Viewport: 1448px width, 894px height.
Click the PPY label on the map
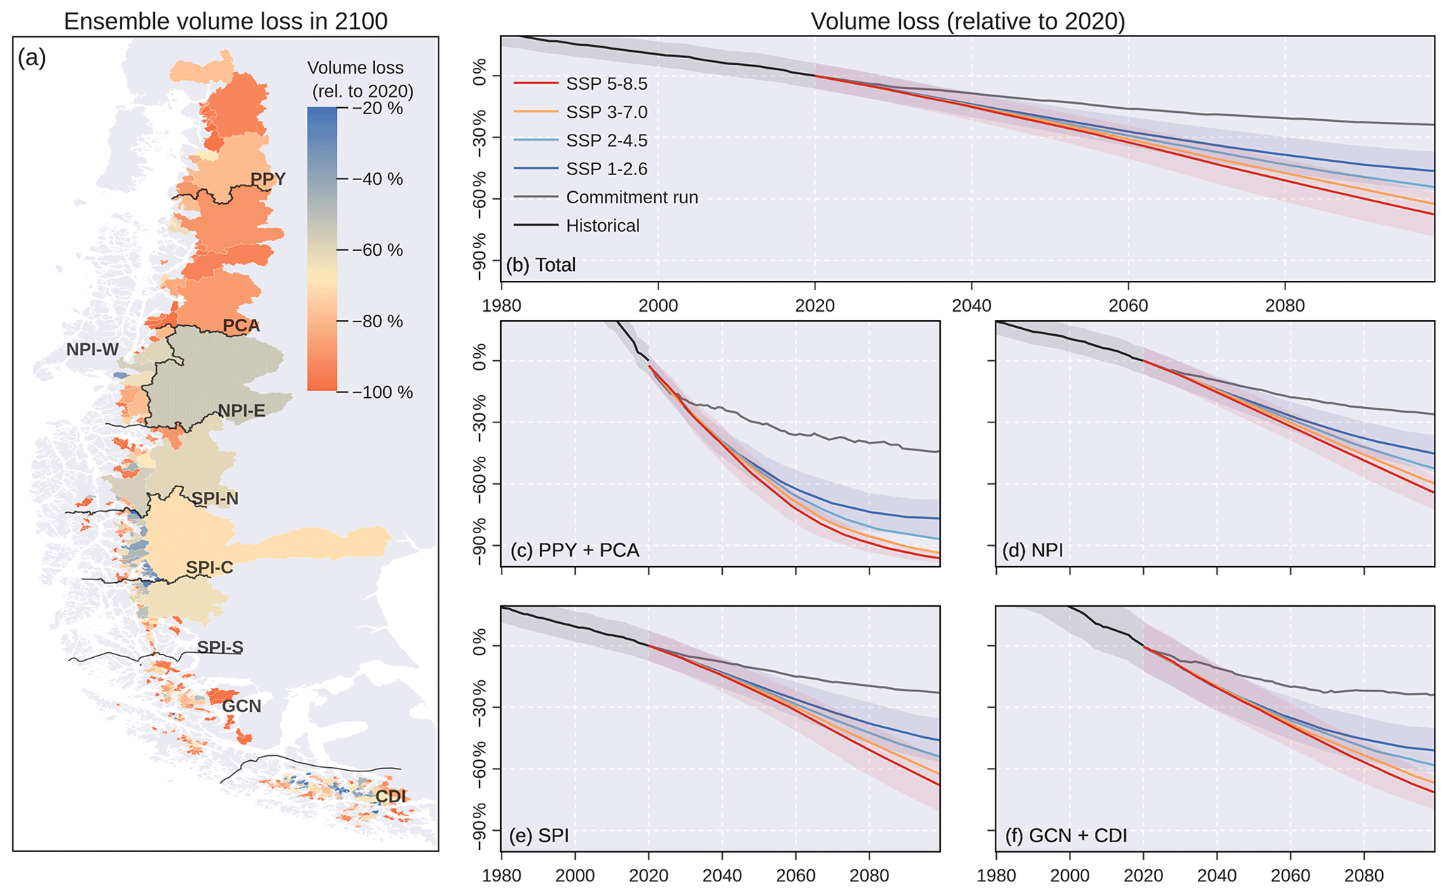point(268,179)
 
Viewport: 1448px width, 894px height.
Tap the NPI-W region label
point(92,349)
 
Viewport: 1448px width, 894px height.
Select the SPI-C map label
point(209,568)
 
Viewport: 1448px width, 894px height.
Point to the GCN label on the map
point(242,706)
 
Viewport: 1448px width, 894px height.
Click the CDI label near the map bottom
point(390,797)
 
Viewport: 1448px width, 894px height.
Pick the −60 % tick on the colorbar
point(378,250)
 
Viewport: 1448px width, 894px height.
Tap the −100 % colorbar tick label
point(382,392)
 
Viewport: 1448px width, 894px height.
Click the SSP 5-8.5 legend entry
point(606,84)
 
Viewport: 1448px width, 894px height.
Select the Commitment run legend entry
point(631,198)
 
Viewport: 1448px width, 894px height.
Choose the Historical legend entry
point(602,226)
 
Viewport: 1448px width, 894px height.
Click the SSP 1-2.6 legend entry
point(606,169)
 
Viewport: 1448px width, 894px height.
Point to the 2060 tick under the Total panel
point(1128,305)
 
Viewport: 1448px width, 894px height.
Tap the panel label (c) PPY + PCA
point(574,551)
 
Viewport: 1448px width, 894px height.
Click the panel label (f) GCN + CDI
point(1066,835)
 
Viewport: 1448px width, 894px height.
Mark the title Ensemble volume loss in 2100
point(226,21)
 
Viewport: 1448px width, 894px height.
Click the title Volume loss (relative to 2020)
point(967,21)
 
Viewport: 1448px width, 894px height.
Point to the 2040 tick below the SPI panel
point(722,875)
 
